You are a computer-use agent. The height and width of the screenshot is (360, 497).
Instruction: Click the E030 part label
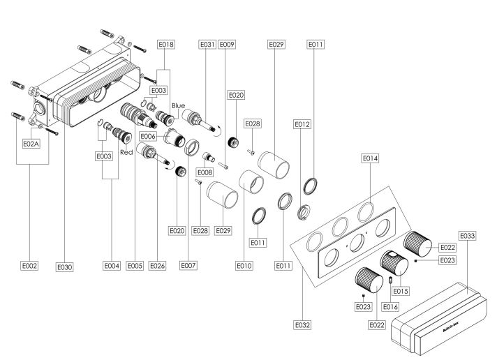click(x=64, y=267)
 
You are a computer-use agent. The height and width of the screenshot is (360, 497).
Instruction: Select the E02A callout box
click(x=31, y=144)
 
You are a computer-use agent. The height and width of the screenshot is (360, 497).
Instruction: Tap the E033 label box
click(x=468, y=236)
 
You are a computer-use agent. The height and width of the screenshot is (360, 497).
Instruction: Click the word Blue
click(x=179, y=105)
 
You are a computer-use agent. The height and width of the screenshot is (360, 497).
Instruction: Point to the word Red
click(x=126, y=152)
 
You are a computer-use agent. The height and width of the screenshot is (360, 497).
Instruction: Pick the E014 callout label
click(x=370, y=158)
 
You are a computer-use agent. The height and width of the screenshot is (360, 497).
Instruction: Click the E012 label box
click(x=302, y=124)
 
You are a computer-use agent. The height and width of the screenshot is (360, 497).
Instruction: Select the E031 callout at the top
click(x=207, y=45)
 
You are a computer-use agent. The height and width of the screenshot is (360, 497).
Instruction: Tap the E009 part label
click(x=227, y=45)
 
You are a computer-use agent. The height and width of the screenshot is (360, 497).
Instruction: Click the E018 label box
click(x=166, y=45)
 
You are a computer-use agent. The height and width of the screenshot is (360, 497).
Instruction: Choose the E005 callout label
click(x=135, y=266)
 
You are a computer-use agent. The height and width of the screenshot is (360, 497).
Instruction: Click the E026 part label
click(x=157, y=266)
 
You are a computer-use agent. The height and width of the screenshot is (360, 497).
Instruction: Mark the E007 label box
click(x=188, y=265)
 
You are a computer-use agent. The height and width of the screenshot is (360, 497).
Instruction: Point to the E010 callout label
click(x=244, y=266)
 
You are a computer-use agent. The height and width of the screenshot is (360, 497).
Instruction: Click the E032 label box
click(x=302, y=325)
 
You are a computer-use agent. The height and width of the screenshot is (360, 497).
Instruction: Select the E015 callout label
click(x=401, y=291)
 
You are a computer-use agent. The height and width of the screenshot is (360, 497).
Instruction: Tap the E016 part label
click(x=390, y=307)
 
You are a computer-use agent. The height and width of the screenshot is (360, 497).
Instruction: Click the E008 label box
click(x=205, y=172)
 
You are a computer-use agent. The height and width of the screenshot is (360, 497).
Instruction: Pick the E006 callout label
click(x=148, y=137)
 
